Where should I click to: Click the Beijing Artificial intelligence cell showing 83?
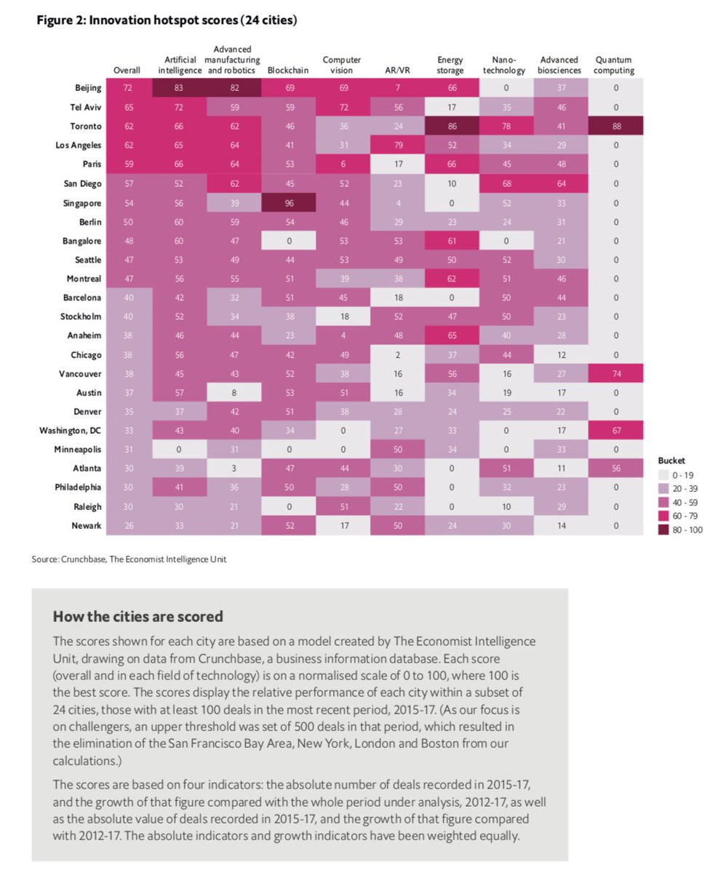tap(178, 88)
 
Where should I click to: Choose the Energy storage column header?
tap(450, 65)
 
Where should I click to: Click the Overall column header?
tap(127, 71)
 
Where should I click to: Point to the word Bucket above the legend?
tap(670, 461)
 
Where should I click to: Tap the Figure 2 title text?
tap(167, 20)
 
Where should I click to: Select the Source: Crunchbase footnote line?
tap(134, 559)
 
